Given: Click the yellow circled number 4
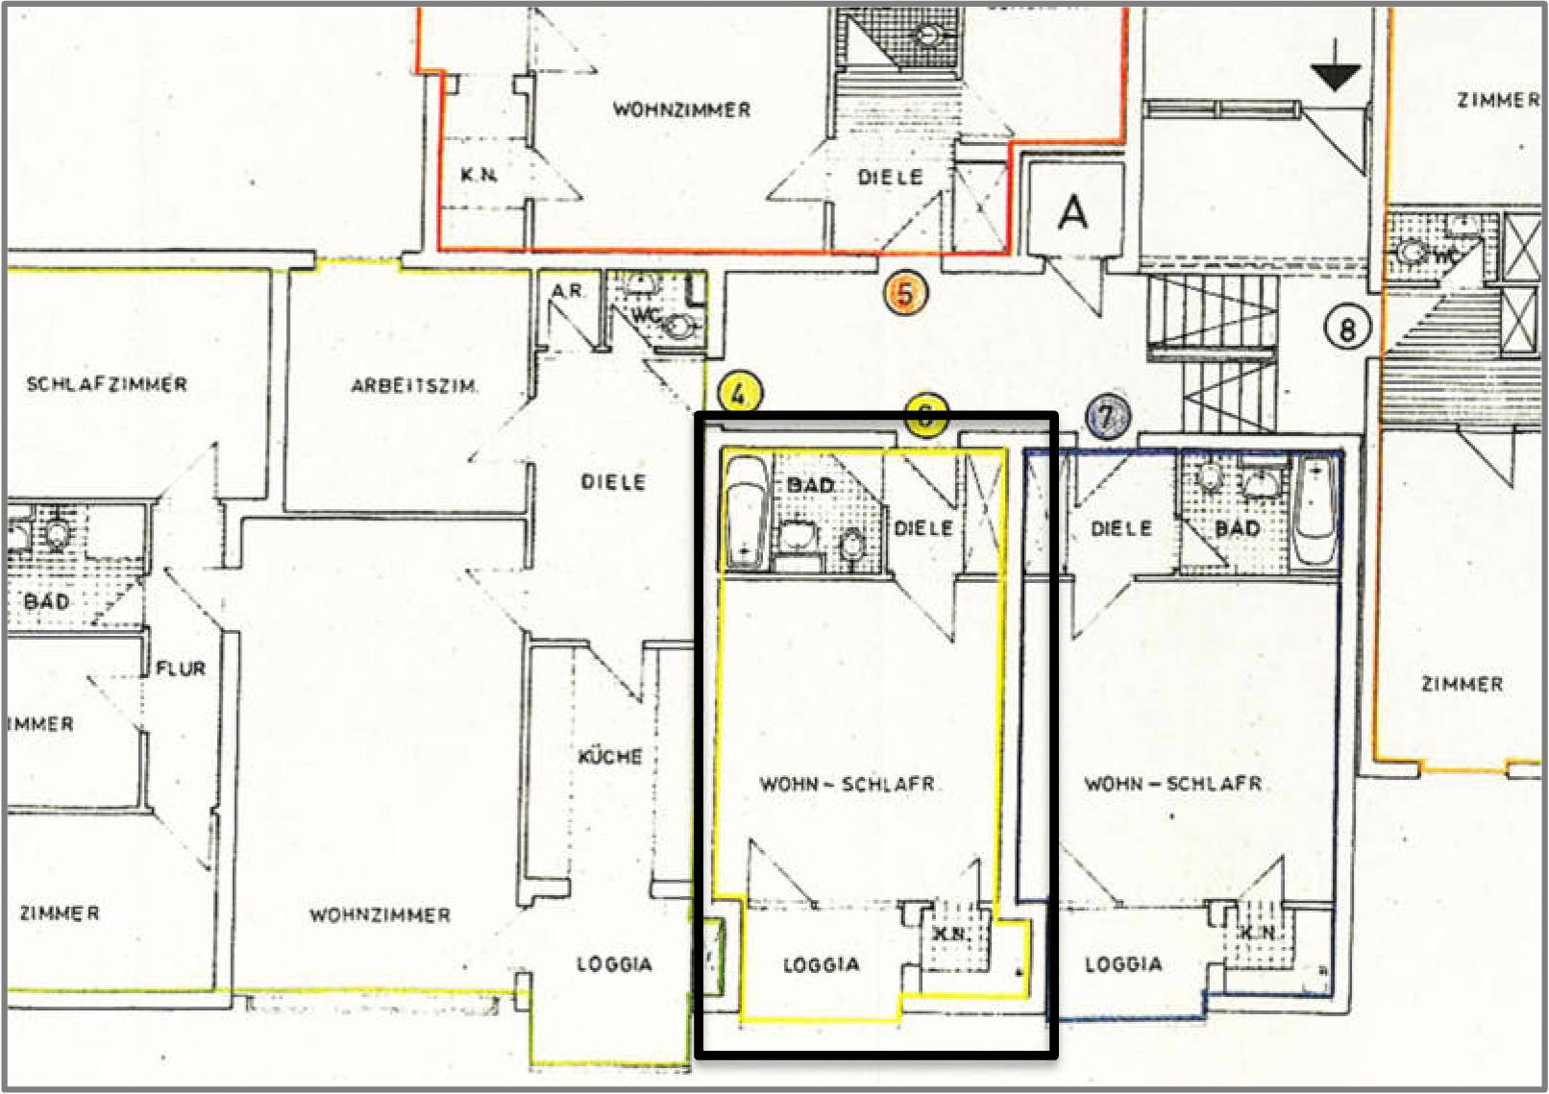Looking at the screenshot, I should [738, 394].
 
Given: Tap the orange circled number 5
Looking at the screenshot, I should [905, 292].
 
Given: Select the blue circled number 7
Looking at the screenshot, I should [1107, 418].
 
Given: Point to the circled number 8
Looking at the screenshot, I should [1346, 329].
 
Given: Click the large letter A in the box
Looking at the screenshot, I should [1072, 212].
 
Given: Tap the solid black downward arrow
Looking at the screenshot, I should [1336, 76].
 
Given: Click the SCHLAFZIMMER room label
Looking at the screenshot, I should [107, 384].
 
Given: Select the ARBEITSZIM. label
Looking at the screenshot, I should [413, 386].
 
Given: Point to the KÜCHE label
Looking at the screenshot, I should [610, 757].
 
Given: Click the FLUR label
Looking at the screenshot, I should [181, 669].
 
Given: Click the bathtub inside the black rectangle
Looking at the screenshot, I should [746, 513].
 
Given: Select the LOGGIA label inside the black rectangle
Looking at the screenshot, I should [821, 965].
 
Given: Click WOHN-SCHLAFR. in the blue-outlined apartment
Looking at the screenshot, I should [1173, 784].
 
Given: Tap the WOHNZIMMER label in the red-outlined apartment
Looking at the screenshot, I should [681, 109].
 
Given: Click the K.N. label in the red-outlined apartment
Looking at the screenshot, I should [479, 175].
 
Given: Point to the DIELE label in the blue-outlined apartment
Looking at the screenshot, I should [1121, 528].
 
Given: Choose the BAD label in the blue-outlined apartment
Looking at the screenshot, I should [1237, 528].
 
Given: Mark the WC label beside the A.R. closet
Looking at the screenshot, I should [644, 316].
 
